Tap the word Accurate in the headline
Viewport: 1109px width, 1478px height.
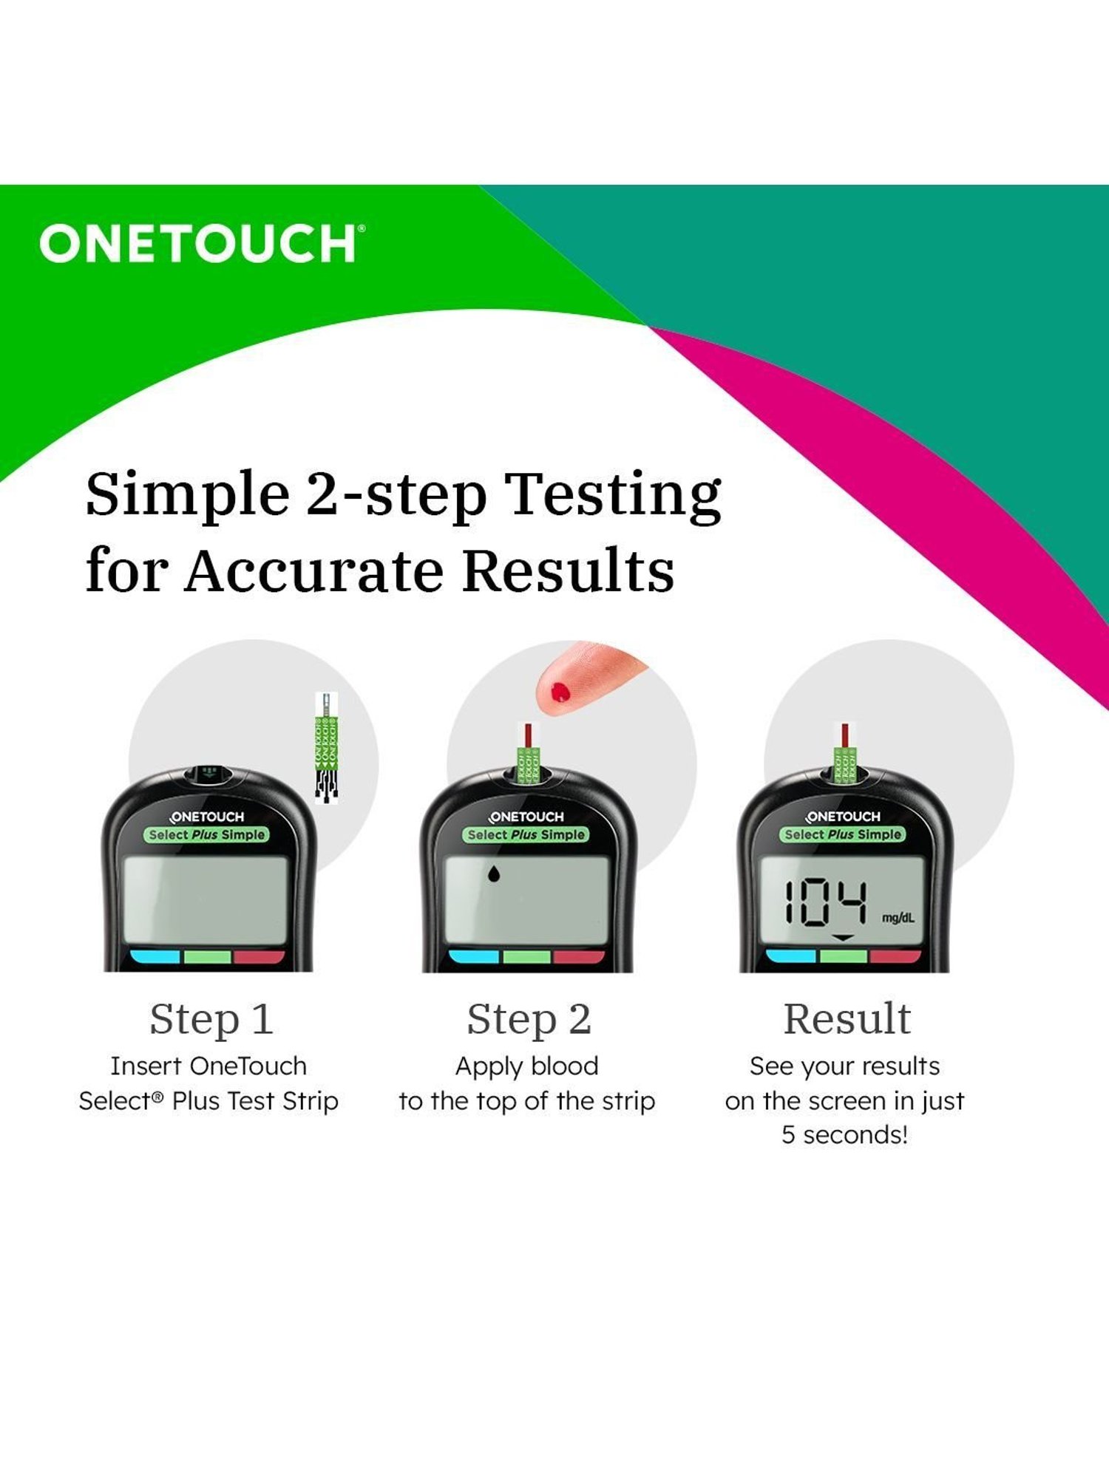pos(314,571)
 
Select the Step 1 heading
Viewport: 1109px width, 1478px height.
pos(211,1019)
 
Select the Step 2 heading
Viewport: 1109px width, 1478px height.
pos(529,1019)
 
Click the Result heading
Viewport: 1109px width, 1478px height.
pos(847,1019)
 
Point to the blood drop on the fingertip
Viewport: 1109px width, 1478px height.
pos(560,692)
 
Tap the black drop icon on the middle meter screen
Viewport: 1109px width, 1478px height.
pos(493,874)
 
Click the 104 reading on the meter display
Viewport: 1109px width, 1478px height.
pos(824,902)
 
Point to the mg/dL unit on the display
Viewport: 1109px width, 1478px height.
pos(898,918)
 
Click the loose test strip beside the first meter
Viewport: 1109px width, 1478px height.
pos(327,746)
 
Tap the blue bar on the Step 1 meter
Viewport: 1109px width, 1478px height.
pos(155,957)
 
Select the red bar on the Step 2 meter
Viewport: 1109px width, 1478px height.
pos(579,957)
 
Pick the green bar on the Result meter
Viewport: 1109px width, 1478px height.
pos(843,956)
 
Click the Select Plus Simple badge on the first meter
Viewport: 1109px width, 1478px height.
pos(207,834)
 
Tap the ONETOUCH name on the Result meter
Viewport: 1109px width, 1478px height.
pos(844,817)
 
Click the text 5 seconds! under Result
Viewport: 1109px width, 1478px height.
pos(844,1134)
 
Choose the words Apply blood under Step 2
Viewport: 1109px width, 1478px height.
pos(526,1066)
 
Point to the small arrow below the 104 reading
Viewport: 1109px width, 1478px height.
pos(844,938)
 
